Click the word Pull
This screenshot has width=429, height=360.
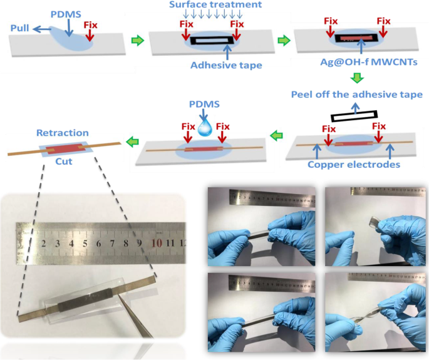click(x=21, y=26)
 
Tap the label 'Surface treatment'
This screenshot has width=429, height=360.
click(x=210, y=7)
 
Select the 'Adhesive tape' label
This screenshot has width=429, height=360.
click(x=209, y=63)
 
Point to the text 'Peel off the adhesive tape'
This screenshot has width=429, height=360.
click(x=356, y=94)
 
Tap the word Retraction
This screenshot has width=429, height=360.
click(x=63, y=133)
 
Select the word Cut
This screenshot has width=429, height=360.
click(x=63, y=161)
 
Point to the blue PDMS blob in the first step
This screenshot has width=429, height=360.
click(x=75, y=39)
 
